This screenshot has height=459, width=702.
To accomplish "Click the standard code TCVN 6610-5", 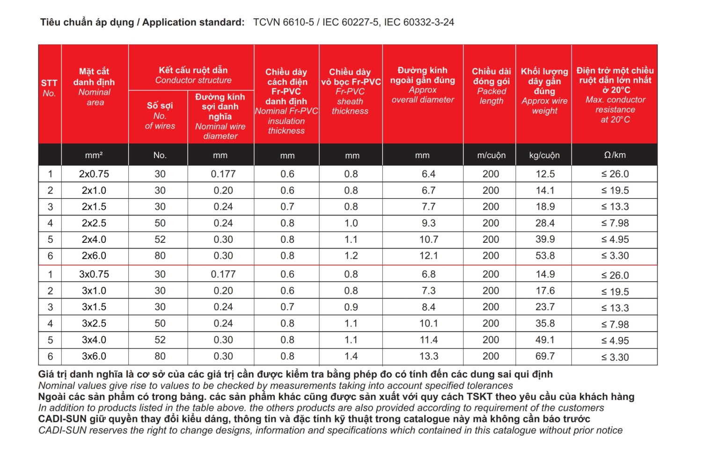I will coord(284,22).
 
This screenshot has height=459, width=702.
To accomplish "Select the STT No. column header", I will coord(49,88).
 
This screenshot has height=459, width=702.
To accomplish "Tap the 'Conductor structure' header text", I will coord(193,80).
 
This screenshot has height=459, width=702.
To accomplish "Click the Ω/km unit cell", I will coord(614,155).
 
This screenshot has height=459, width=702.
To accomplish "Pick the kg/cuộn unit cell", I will coord(544,155).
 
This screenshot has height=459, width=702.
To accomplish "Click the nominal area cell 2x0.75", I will coord(94,174).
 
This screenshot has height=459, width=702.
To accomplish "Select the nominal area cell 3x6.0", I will coord(94,356).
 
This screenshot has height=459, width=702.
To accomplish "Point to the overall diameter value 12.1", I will coord(429,256).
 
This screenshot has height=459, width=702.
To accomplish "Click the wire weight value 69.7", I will coord(545,356).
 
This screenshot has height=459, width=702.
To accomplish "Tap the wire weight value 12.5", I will coord(545,174).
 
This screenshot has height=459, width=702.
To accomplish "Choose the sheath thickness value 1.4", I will coord(351,356).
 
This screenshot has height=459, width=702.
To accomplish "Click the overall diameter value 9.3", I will coord(429,223).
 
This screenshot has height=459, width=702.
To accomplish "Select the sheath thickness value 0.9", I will coord(351,307).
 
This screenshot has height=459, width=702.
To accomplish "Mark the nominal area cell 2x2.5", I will coord(94,223).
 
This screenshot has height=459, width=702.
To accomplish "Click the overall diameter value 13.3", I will coord(429,356).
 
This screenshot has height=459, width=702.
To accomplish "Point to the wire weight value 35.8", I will coord(545,323).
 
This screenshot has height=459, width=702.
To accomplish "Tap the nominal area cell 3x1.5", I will coord(94,307).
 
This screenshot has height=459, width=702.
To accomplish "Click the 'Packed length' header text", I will coord(491,96).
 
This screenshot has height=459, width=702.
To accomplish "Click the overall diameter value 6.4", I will coord(429,174).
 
